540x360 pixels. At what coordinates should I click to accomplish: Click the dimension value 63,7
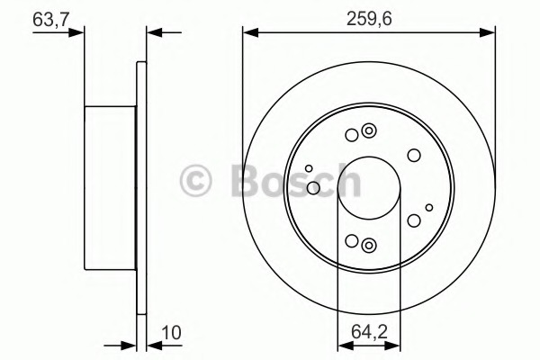coord(50,20)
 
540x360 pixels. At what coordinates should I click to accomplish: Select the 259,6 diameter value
coord(369,19)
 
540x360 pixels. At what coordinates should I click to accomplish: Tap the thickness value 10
coord(171,333)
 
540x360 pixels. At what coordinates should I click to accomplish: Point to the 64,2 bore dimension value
coord(369,332)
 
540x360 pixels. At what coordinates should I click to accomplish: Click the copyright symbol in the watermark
coord(195,181)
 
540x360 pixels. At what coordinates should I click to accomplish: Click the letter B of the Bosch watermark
coord(247,179)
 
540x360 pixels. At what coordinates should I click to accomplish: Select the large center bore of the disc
coord(369,188)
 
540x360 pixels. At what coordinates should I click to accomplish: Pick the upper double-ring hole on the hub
coord(369,130)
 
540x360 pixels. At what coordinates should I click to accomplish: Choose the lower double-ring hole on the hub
coord(369,246)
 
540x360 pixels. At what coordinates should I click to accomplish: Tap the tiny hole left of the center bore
coord(309,168)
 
